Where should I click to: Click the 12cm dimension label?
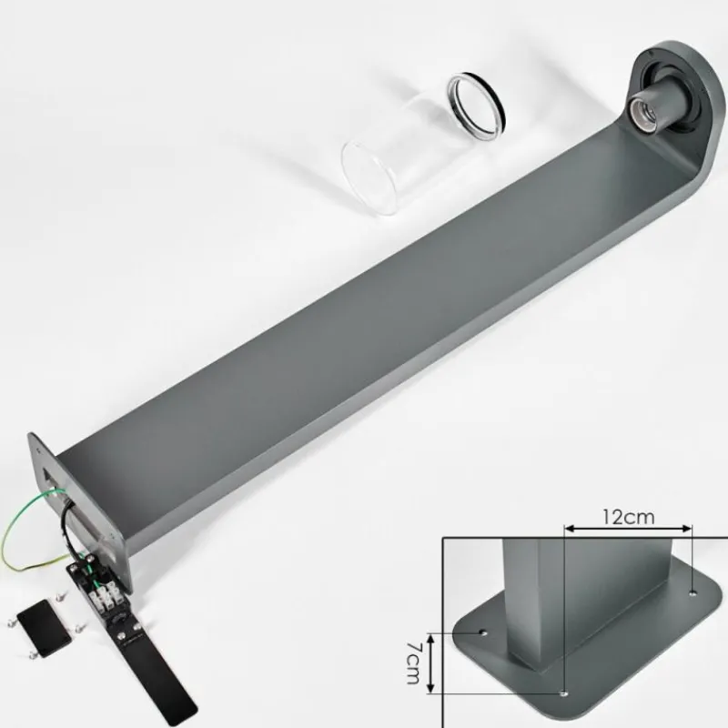(628, 516)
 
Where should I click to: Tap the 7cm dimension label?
(412, 663)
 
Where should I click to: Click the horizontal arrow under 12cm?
(628, 529)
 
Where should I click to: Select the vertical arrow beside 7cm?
(431, 663)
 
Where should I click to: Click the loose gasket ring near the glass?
(477, 106)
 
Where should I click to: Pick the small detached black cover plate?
(44, 628)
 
